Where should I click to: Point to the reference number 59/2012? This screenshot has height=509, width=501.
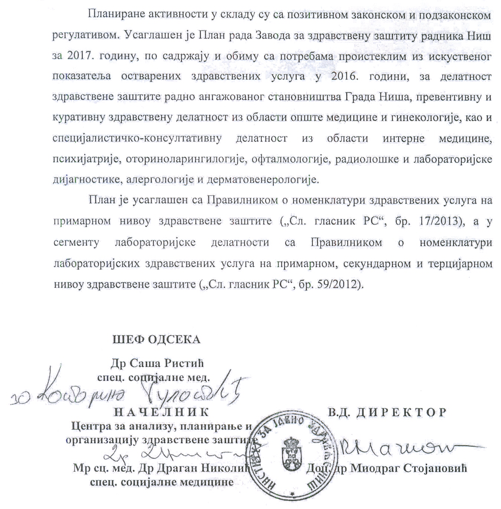coord(341,285)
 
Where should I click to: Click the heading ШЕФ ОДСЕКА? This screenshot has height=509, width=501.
coord(156,340)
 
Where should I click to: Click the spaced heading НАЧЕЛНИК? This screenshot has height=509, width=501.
coord(161,412)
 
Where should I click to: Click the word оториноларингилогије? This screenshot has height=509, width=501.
coord(186,159)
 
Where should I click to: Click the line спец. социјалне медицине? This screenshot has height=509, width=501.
coord(162,482)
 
